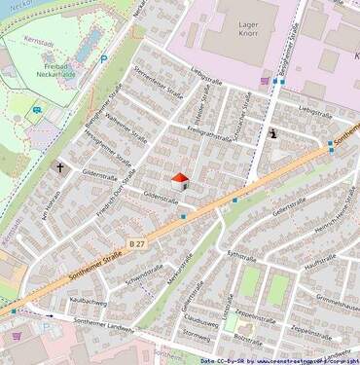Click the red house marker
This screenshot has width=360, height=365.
[x=180, y=180]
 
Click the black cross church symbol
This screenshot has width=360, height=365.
[x=60, y=168]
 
